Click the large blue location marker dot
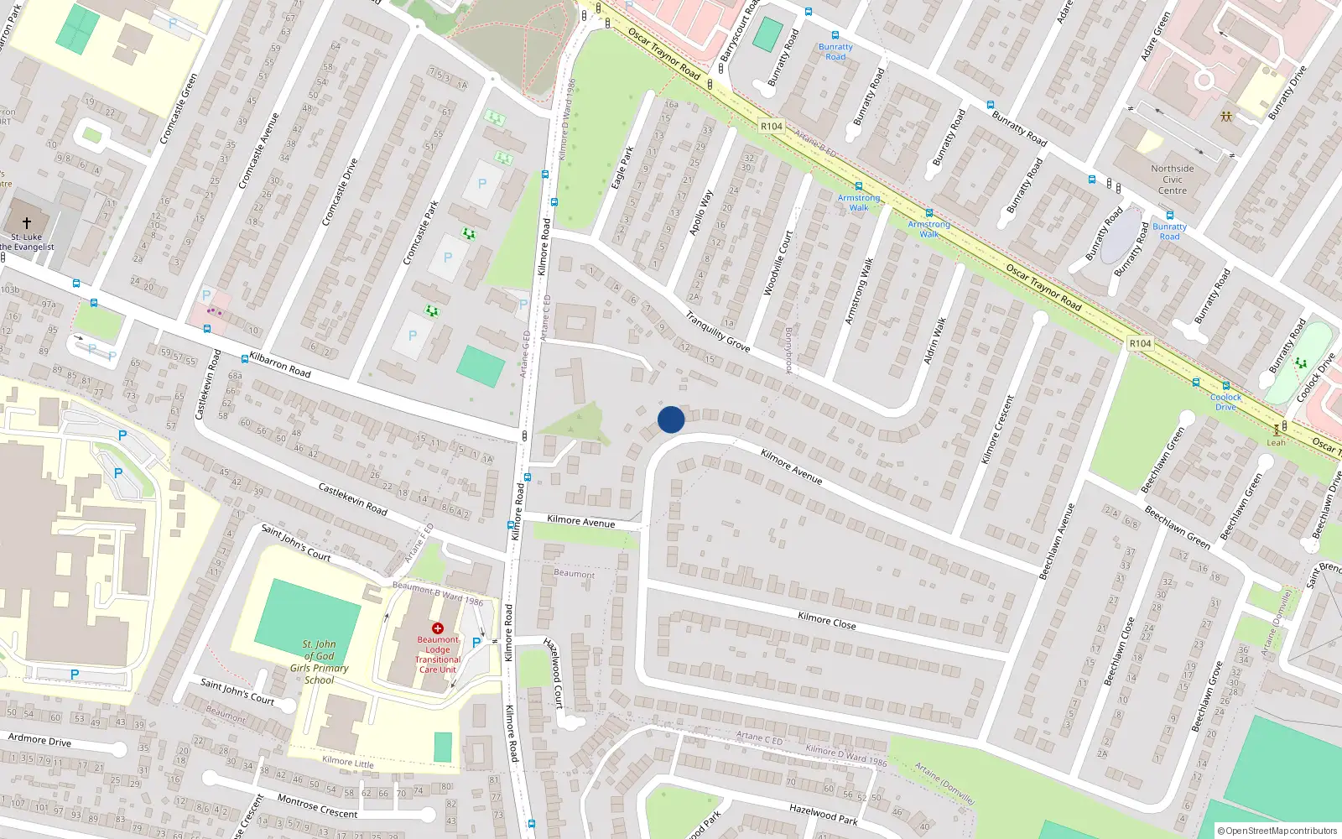tap(671, 419)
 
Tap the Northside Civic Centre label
tap(1173, 180)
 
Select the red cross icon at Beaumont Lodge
tap(437, 628)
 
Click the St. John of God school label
tap(319, 662)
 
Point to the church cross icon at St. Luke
tap(27, 222)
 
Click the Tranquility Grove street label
tap(717, 331)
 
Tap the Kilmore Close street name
tap(827, 621)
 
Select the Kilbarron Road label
tap(280, 365)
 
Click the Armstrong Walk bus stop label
tap(859, 203)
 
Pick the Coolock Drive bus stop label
tap(1225, 402)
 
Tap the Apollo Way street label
tap(701, 212)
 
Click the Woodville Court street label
tap(778, 263)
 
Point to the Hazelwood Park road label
tap(824, 814)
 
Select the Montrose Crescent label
tap(317, 806)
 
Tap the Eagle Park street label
tap(622, 168)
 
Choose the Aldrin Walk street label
tap(935, 341)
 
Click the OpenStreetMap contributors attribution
tap(1277, 831)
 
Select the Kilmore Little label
tap(348, 762)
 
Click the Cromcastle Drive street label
tap(340, 192)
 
